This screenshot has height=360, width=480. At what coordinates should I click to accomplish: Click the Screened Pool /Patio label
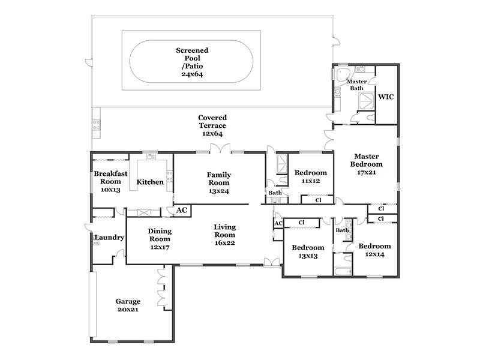pyautogui.click(x=192, y=58)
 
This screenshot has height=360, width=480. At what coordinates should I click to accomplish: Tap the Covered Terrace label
pyautogui.click(x=212, y=122)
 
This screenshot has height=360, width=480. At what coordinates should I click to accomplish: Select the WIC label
pyautogui.click(x=386, y=97)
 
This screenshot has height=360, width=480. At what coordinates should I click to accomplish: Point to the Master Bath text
pyautogui.click(x=356, y=85)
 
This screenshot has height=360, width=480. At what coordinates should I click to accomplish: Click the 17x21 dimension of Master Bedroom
pyautogui.click(x=367, y=172)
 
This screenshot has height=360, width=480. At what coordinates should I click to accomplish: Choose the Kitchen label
pyautogui.click(x=150, y=182)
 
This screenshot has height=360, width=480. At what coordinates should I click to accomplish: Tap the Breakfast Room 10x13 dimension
pyautogui.click(x=110, y=190)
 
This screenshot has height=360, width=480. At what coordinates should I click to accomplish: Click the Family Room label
pyautogui.click(x=219, y=179)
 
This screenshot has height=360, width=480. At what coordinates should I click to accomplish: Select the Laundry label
pyautogui.click(x=109, y=238)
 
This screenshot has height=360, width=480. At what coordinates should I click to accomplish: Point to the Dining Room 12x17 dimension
pyautogui.click(x=160, y=247)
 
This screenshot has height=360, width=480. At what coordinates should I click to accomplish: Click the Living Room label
pyautogui.click(x=224, y=231)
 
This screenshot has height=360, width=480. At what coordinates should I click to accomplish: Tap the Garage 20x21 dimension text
pyautogui.click(x=128, y=310)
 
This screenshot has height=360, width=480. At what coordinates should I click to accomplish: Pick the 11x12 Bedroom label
pyautogui.click(x=311, y=173)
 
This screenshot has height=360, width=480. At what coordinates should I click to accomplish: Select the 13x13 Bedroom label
pyautogui.click(x=308, y=248)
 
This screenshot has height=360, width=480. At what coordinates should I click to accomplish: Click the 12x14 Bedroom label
pyautogui.click(x=374, y=247)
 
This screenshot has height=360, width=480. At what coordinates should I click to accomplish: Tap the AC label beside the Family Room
pyautogui.click(x=182, y=211)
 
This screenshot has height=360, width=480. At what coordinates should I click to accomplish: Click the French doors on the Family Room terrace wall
pyautogui.click(x=220, y=148)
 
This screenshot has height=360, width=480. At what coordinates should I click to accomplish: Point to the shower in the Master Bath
pyautogui.click(x=366, y=101)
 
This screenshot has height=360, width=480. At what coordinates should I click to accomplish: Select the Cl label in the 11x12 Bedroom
pyautogui.click(x=319, y=200)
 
